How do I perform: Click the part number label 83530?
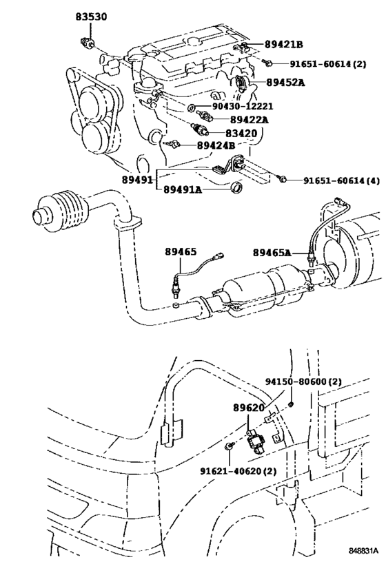91,17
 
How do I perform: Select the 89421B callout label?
284,44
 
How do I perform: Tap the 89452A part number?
285,83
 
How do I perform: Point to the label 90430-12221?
243,106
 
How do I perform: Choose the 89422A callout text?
249,119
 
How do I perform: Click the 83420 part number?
242,133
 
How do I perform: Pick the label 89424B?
216,145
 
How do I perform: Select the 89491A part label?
183,189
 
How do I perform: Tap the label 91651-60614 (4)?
341,180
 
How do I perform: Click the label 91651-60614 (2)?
328,64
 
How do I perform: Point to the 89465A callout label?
272,253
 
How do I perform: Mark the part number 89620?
249,408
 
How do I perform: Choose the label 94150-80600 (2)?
303,382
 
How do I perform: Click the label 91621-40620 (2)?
238,471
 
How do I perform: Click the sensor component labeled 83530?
87,43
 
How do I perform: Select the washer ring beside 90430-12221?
192,107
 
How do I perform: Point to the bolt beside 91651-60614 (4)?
282,178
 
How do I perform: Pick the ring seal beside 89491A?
236,187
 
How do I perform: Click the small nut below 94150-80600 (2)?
292,405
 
